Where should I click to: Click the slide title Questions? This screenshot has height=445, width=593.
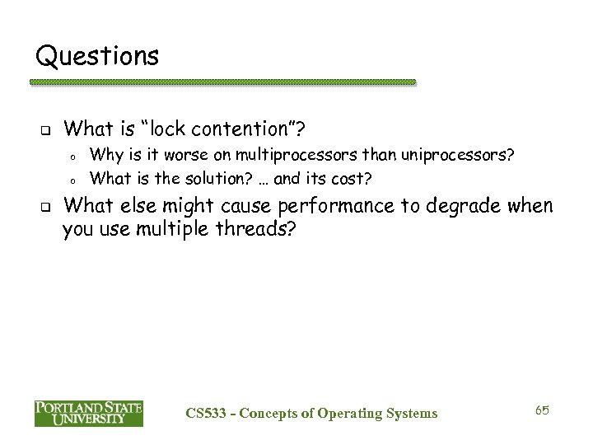click(98, 56)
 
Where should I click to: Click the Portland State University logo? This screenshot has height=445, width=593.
click(89, 413)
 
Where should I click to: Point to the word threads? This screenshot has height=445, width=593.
click(251, 230)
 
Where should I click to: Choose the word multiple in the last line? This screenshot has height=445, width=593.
click(166, 230)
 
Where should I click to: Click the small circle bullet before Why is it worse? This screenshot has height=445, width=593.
click(72, 156)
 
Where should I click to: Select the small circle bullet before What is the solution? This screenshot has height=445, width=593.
click(72, 180)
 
